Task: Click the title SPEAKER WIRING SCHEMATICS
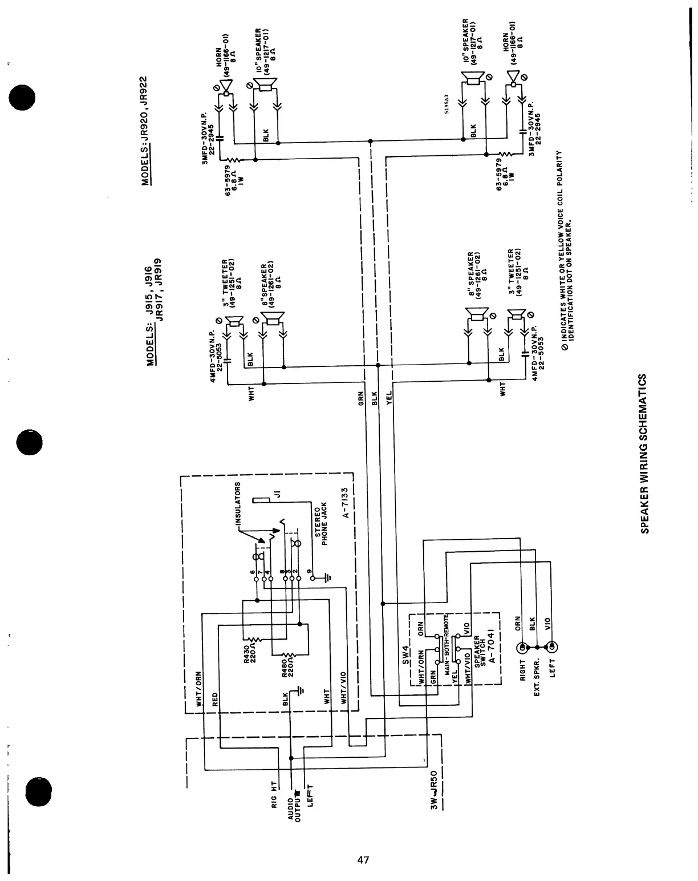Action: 644,454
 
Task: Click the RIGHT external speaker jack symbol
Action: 522,648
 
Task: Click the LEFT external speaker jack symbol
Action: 552,648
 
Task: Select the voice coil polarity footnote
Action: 564,251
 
